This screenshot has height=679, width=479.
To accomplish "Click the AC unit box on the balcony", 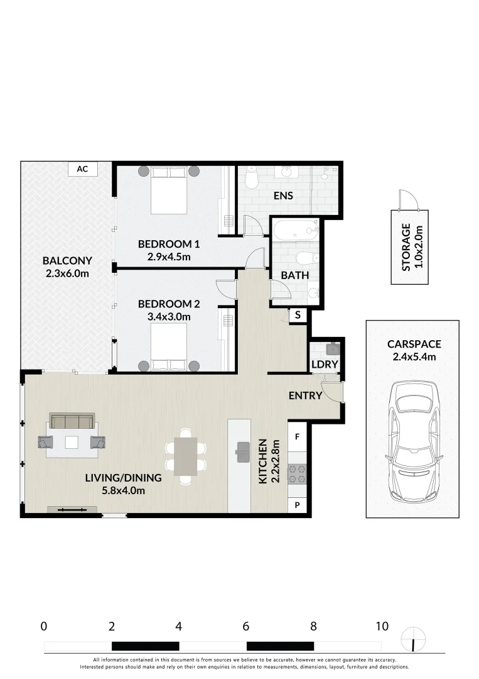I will [x=82, y=168].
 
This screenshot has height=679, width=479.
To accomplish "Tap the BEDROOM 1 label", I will [x=169, y=244].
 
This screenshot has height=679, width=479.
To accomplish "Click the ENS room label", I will [x=283, y=196].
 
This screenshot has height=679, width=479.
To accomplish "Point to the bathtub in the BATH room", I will [x=295, y=229].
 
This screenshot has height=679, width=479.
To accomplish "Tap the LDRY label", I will [x=325, y=364].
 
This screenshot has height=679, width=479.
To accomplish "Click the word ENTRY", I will [x=305, y=395].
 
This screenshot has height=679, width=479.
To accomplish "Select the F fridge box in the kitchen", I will [x=298, y=435].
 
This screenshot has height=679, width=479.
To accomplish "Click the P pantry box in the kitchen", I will [x=298, y=505].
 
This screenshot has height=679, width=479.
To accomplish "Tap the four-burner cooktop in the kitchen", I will [x=297, y=473].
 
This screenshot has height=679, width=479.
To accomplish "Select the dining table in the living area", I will [x=185, y=456].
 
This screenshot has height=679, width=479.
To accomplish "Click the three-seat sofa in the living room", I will [x=72, y=421].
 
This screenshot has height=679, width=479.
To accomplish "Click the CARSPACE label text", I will [x=414, y=344].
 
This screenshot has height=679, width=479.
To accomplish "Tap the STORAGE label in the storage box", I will [x=406, y=247].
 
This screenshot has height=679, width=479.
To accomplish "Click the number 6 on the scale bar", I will [x=246, y=626].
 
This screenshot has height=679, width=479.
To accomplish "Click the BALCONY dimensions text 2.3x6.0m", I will [x=67, y=273].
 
